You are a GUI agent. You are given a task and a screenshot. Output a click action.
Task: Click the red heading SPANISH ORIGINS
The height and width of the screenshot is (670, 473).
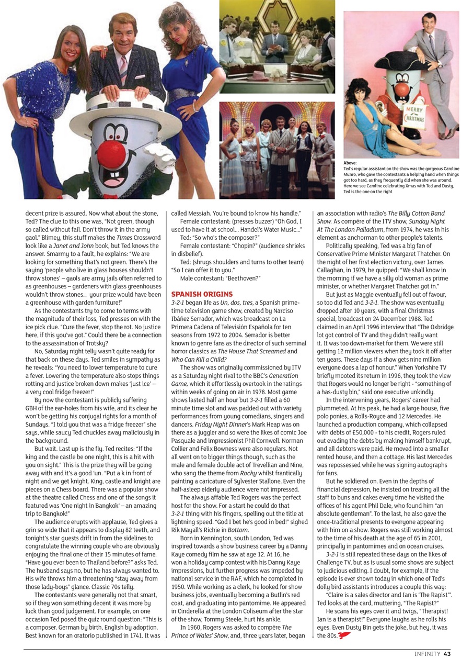click(202, 295)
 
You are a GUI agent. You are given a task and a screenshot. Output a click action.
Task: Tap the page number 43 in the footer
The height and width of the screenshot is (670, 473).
click(447, 654)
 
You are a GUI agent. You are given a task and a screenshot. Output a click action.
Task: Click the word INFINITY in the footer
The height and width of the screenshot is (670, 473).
click(427, 654)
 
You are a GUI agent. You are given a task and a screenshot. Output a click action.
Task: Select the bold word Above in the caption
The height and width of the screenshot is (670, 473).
click(350, 163)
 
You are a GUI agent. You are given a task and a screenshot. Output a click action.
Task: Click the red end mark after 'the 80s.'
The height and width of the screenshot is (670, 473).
click(343, 636)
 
